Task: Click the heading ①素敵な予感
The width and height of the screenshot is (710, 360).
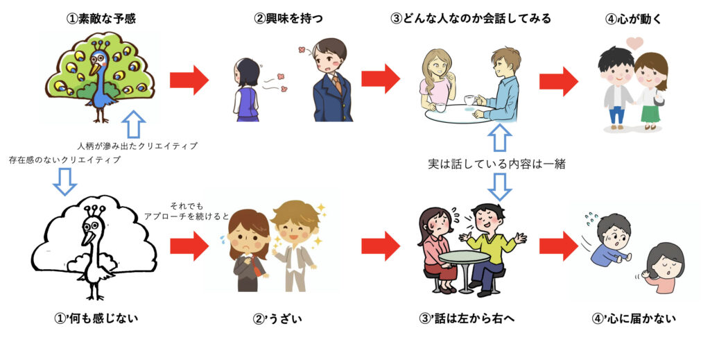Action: click(x=101, y=19)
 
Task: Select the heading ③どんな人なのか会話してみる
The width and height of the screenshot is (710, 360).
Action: click(x=471, y=19)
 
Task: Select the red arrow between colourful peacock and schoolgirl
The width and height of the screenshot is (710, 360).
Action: click(x=189, y=80)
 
